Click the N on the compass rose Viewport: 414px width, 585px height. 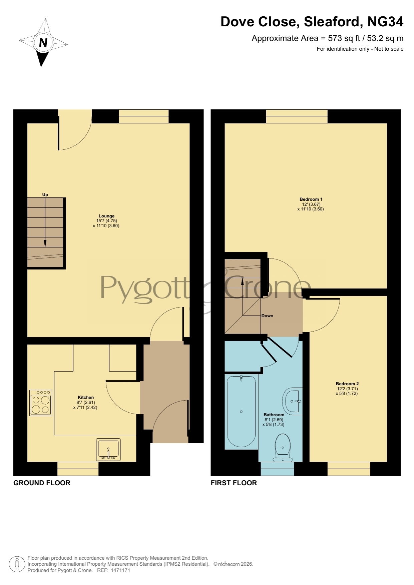click(43, 43)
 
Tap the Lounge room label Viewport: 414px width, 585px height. click(106, 216)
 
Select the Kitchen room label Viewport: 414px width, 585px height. click(86, 397)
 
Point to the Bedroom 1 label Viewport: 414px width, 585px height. click(311, 199)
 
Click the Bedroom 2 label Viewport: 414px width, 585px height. click(347, 384)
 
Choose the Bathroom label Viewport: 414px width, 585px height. click(274, 415)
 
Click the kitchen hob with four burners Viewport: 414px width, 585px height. click(41, 403)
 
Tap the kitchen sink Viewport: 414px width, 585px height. click(108, 450)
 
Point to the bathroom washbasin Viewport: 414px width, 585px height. click(293, 401)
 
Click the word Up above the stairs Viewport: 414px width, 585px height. click(45, 195)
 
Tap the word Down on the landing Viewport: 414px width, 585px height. click(267, 316)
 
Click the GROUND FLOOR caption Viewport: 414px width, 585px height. click(42, 483)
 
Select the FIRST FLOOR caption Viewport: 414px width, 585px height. click(234, 483)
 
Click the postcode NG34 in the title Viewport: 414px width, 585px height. click(385, 22)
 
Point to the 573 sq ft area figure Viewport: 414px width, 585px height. click(344, 38)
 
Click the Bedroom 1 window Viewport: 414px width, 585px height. click(297, 116)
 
